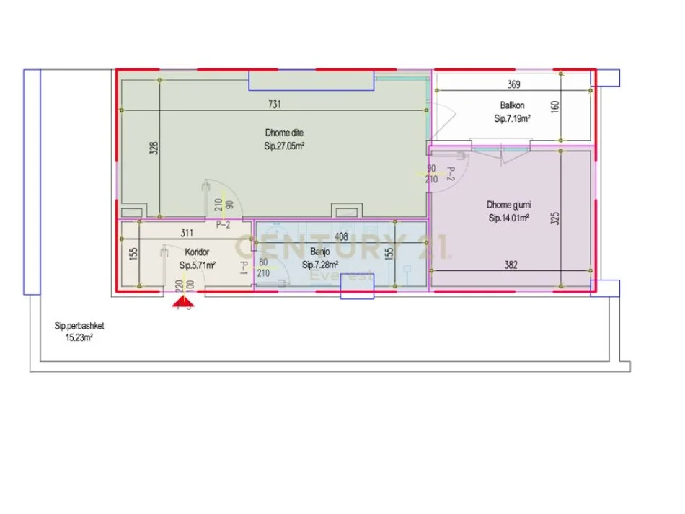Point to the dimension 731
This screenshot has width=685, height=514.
[x=274, y=105]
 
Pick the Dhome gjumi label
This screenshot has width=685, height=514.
[x=509, y=205]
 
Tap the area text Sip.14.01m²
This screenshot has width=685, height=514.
[x=509, y=218]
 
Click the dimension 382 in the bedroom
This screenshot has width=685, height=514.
[x=511, y=265]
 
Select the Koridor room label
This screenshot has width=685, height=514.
[x=197, y=252]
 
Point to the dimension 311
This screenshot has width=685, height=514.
[x=187, y=233]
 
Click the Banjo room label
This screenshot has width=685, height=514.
[x=320, y=252]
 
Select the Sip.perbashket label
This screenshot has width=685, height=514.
[x=79, y=325]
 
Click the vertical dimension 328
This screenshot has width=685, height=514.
[x=154, y=149]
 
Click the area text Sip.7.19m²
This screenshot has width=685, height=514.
[x=513, y=119]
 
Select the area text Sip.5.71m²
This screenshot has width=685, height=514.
[x=198, y=265]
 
